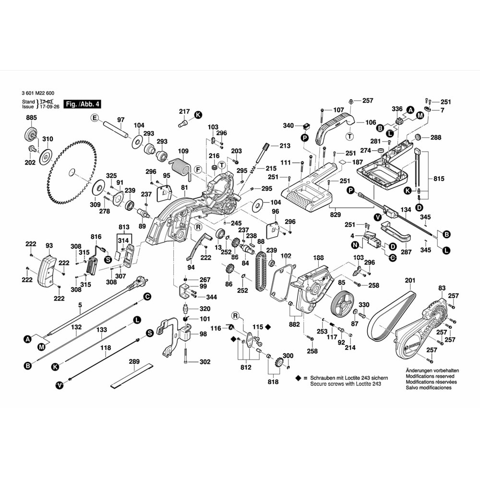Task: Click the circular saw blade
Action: tap(72, 170)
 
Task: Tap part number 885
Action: tap(32, 118)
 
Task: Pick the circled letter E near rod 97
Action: tap(95, 118)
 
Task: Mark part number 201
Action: tap(409, 280)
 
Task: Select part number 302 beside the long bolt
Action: tap(205, 362)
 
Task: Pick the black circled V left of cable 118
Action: tap(60, 384)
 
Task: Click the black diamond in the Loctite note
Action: tap(299, 378)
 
